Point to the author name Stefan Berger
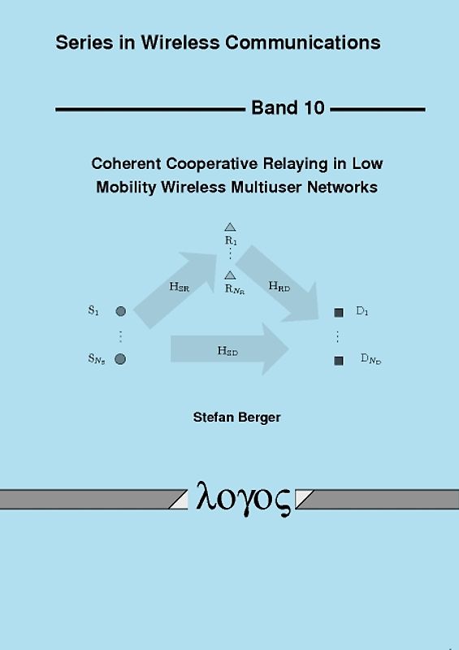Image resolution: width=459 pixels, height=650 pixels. tap(236, 418)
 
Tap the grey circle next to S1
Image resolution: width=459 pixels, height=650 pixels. tap(120, 311)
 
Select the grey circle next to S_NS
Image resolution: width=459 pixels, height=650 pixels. tap(120, 358)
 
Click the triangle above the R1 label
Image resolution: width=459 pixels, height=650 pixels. tap(230, 227)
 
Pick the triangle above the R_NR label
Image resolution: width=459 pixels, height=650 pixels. tap(230, 275)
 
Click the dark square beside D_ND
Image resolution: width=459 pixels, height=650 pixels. tap(339, 360)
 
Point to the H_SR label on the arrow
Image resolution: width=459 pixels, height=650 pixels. tap(180, 287)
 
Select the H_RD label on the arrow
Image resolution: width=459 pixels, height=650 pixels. tap(279, 286)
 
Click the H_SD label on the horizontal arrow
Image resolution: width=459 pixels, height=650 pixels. tap(227, 351)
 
